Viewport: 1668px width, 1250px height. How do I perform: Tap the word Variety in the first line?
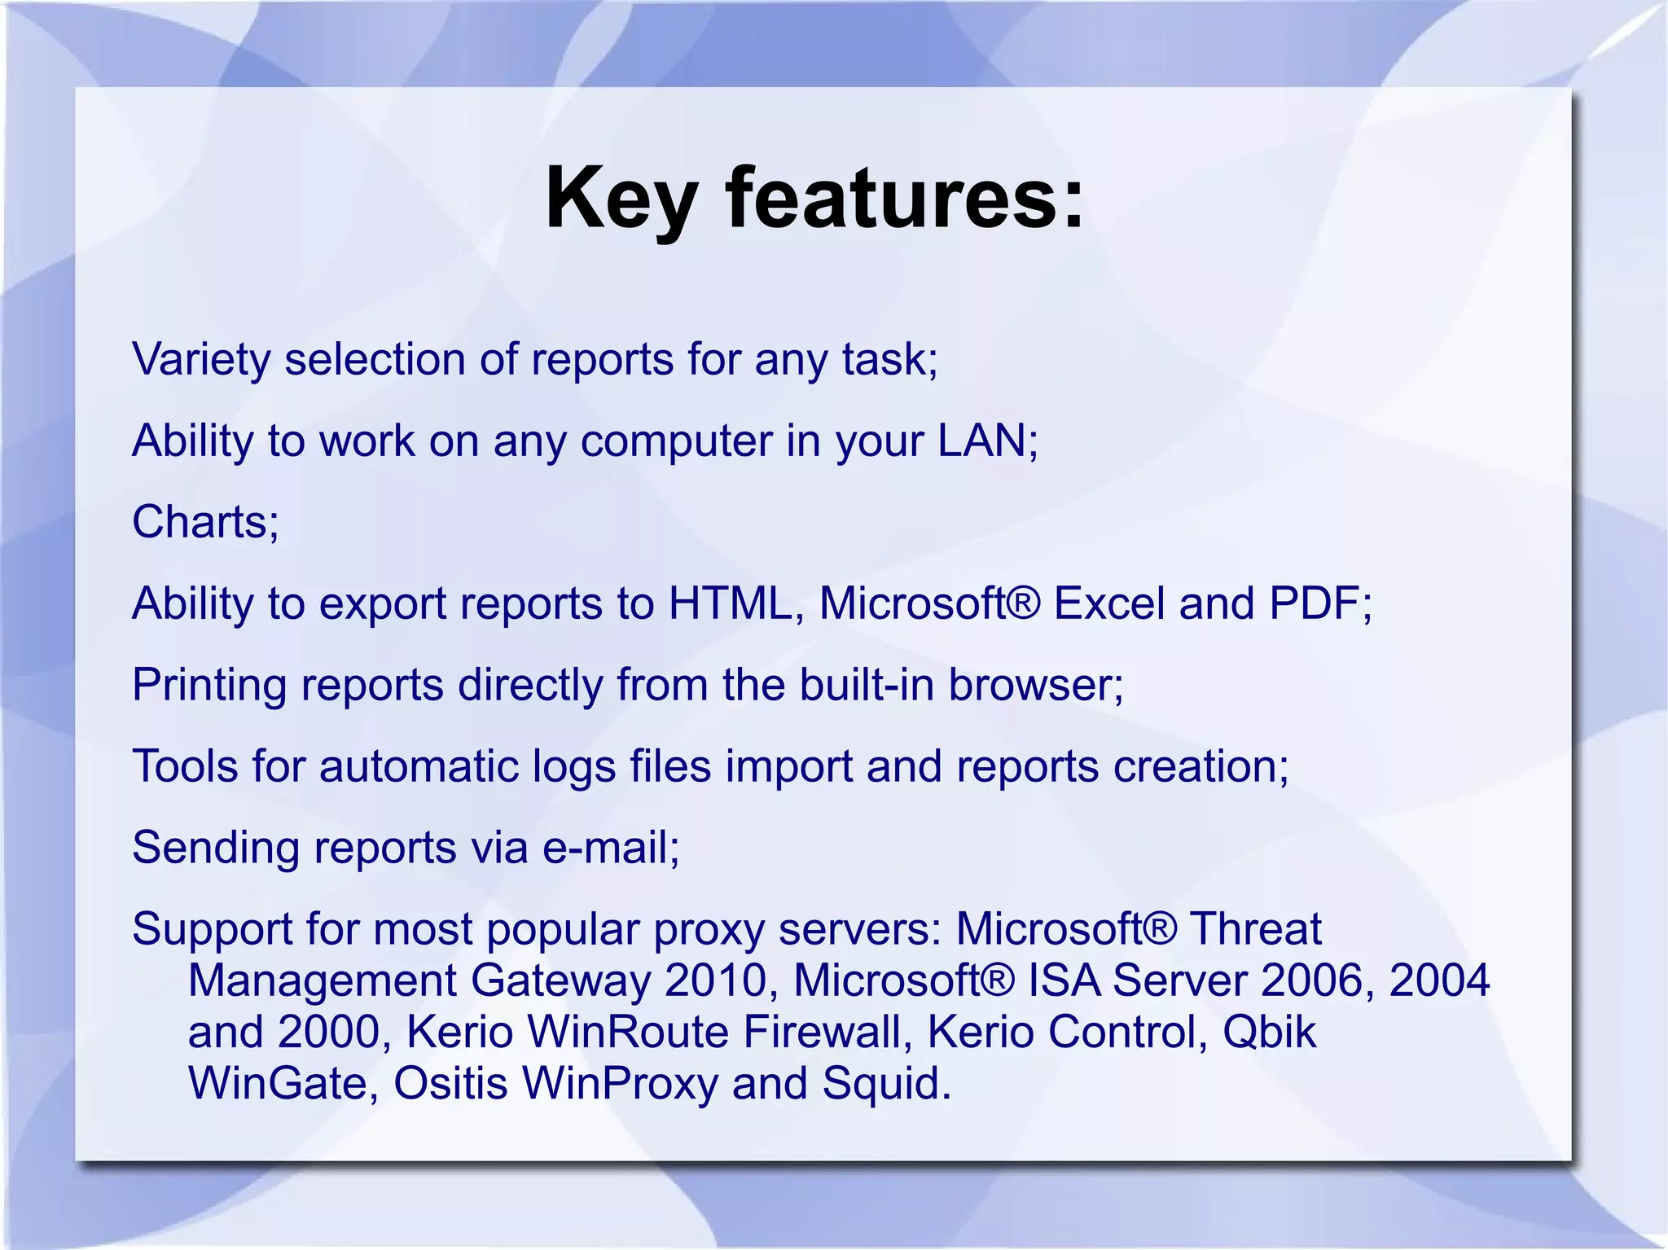201,359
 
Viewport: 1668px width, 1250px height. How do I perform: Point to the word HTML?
730,603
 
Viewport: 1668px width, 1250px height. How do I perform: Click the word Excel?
1108,603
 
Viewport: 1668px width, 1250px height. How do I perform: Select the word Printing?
209,685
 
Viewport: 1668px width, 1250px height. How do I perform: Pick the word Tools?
185,766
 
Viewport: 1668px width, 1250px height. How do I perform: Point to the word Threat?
1255,929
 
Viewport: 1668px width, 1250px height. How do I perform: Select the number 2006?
1311,980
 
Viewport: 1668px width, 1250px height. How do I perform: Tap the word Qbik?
1269,1033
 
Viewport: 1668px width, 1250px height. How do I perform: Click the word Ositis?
450,1084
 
